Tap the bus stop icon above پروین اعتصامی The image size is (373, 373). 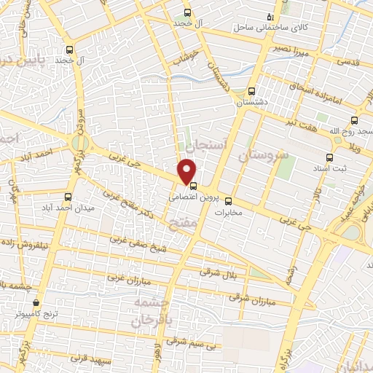click(193, 185)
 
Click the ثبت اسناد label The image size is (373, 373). click(327, 168)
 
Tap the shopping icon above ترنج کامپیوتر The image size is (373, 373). click(36, 302)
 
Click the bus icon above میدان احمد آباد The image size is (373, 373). click(68, 197)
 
